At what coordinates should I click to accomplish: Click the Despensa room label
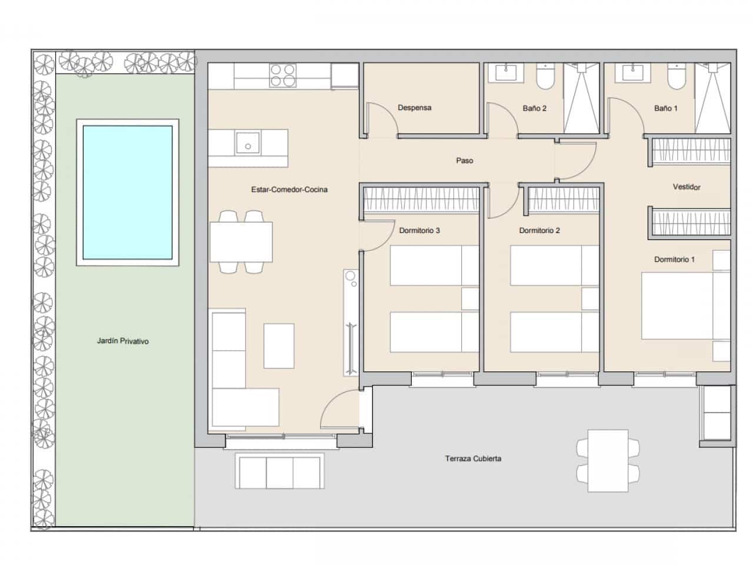point(414,108)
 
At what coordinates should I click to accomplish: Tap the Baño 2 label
point(534,108)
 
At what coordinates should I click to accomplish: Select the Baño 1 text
point(665,108)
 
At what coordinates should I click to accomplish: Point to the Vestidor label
point(687,187)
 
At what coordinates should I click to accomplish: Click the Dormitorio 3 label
point(419,231)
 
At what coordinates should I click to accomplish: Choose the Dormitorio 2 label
point(539,231)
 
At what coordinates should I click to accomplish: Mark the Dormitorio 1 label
point(674,260)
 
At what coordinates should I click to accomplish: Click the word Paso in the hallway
point(464,161)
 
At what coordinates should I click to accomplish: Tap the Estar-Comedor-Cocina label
point(289,190)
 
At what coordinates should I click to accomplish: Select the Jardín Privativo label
point(123,341)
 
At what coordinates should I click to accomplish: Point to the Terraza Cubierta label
point(473,458)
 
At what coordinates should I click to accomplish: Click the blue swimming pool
point(128,192)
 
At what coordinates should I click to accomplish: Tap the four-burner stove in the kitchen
point(282,75)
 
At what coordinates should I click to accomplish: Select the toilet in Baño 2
point(545,78)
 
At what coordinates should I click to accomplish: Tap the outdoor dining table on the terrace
point(608,461)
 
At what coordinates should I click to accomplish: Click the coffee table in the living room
point(278,345)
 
